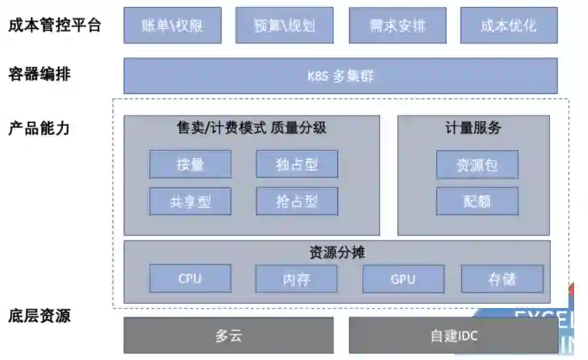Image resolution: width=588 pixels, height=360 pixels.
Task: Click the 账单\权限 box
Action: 172,26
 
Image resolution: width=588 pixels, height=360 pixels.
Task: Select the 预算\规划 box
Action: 284,26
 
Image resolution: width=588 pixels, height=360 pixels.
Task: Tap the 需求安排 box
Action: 397,26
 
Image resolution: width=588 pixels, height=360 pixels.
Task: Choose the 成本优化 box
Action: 508,26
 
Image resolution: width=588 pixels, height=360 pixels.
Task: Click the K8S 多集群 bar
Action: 340,76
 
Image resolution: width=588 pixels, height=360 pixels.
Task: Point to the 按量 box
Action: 190,165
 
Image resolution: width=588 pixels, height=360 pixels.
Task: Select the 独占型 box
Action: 297,165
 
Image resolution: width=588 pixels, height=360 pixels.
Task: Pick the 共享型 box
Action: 190,201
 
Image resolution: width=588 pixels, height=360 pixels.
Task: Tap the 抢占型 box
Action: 297,201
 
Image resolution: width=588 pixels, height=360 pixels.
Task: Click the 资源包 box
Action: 477,165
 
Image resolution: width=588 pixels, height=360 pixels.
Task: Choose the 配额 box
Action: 477,201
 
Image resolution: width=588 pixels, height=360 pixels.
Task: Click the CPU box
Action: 190,278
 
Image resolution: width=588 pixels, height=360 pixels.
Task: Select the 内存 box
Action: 296,279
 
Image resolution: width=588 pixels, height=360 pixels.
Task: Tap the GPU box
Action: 403,279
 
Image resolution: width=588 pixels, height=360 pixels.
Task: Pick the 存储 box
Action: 502,279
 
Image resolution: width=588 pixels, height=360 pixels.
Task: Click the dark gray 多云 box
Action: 228,336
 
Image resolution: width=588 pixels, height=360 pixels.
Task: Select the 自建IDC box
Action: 453,336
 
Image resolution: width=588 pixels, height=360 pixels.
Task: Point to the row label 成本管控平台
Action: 55,26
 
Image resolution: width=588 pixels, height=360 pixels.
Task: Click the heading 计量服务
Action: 473,128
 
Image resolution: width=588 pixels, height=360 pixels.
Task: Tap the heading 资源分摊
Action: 337,252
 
